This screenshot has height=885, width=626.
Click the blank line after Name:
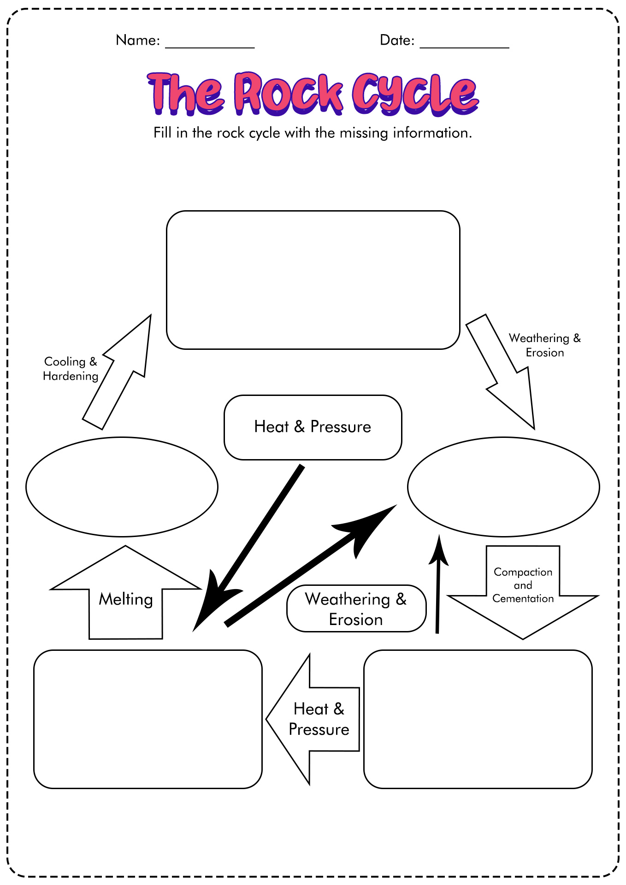(210, 47)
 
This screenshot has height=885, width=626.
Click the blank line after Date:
(464, 47)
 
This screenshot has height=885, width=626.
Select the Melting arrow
(125, 592)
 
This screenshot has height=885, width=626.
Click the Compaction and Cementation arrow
(523, 593)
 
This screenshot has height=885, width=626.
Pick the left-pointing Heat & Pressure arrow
(313, 719)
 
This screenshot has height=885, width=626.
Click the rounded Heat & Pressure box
(313, 427)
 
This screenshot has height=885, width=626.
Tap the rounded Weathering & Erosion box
(356, 608)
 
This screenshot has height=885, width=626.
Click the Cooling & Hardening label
(71, 369)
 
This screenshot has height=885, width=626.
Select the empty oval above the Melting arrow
(122, 487)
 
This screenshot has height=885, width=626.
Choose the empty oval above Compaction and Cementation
(503, 487)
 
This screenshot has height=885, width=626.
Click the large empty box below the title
(313, 280)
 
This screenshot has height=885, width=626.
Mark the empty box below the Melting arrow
(148, 719)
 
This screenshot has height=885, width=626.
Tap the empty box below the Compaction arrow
(478, 719)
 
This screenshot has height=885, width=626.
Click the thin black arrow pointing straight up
(438, 584)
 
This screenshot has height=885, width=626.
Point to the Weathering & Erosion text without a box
(545, 345)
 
